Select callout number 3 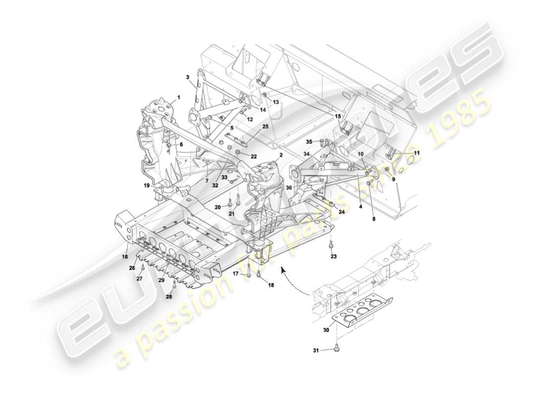click(188, 77)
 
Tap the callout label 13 click(276, 102)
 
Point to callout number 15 click(338, 117)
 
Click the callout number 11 click(417, 153)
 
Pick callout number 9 click(394, 179)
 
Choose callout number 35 click(309, 141)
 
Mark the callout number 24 click(341, 212)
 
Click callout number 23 click(333, 257)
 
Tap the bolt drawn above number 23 click(331, 245)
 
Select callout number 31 click(316, 350)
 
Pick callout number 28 click(169, 297)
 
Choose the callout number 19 click(147, 186)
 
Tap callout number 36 click(288, 188)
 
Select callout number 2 click(280, 155)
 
